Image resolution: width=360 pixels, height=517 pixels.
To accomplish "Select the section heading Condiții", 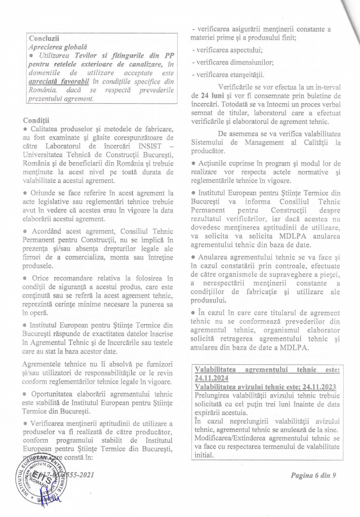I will click(x=36, y=119).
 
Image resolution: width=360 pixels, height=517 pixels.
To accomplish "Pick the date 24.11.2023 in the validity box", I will click(x=317, y=387).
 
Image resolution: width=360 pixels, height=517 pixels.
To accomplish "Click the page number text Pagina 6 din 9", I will click(x=313, y=476).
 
